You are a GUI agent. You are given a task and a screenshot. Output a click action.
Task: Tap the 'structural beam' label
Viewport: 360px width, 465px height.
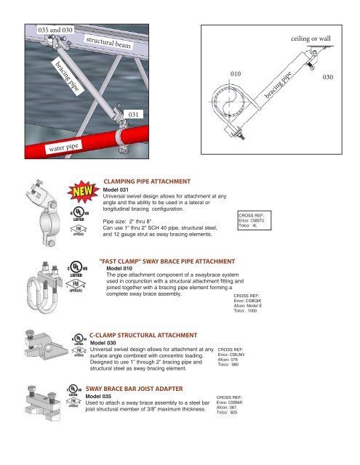coord(111,44)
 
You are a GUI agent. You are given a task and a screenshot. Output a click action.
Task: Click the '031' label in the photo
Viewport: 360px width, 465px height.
coord(134,113)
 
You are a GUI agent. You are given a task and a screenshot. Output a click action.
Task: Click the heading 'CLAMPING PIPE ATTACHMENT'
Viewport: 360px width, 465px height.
coord(147,181)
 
